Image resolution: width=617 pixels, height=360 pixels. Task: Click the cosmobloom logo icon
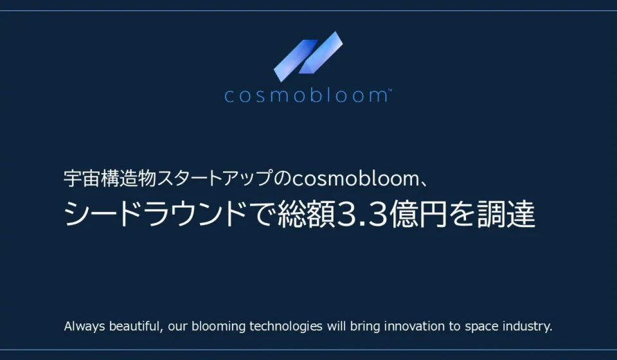(x=308, y=57)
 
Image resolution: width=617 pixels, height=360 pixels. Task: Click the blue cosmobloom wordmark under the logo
(x=306, y=96)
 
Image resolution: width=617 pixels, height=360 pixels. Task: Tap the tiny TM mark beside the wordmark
(x=389, y=90)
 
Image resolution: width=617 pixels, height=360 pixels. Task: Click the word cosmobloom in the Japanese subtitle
(x=355, y=179)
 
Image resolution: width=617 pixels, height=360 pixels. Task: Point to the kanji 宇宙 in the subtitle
(x=82, y=178)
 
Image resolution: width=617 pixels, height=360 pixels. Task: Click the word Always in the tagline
(x=85, y=326)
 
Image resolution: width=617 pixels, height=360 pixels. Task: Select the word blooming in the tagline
(x=219, y=326)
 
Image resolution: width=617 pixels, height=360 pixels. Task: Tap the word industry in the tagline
(x=526, y=326)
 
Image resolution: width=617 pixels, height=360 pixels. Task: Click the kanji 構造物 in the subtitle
(x=129, y=178)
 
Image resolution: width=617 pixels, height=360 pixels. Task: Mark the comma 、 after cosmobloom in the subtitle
(x=424, y=184)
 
